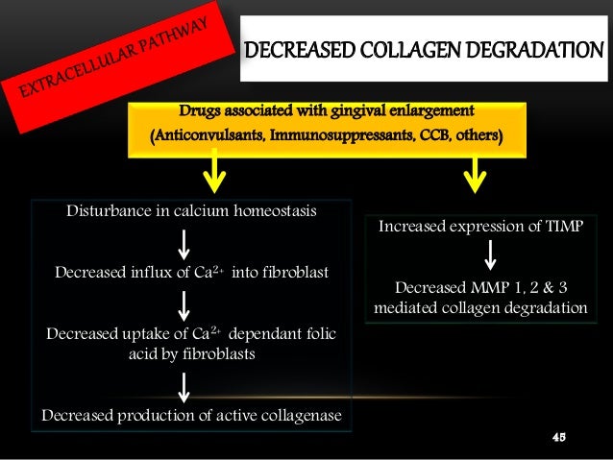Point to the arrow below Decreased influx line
(x=183, y=304)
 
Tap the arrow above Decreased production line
(x=183, y=388)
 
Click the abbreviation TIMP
(x=558, y=227)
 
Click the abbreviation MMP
(x=497, y=287)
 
